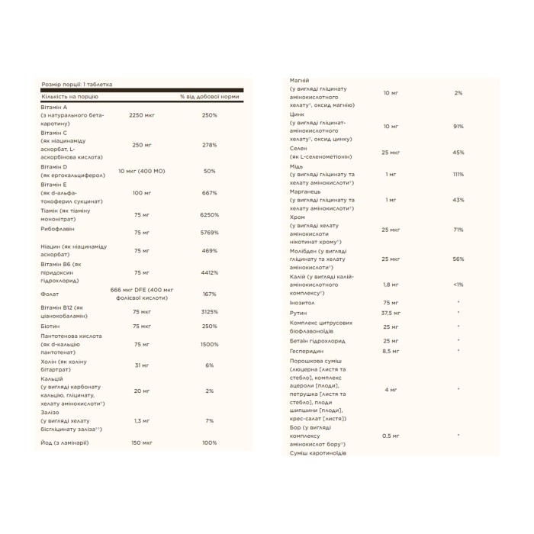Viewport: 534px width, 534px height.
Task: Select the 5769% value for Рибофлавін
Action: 210,232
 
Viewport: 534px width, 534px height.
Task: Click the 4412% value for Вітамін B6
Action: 210,272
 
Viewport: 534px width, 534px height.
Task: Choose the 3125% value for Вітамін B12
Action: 210,311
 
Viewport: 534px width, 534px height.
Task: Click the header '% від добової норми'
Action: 210,98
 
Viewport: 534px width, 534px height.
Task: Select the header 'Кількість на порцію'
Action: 70,98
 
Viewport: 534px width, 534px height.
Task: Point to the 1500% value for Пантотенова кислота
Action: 210,344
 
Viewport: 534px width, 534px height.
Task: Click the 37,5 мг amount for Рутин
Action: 391,313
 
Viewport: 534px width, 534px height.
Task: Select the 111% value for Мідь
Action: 458,174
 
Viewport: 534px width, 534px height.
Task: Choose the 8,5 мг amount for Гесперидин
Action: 391,351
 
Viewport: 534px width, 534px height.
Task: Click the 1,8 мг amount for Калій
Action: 391,285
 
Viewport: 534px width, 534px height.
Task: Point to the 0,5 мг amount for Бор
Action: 391,436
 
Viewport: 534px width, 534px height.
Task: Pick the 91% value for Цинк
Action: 458,126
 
